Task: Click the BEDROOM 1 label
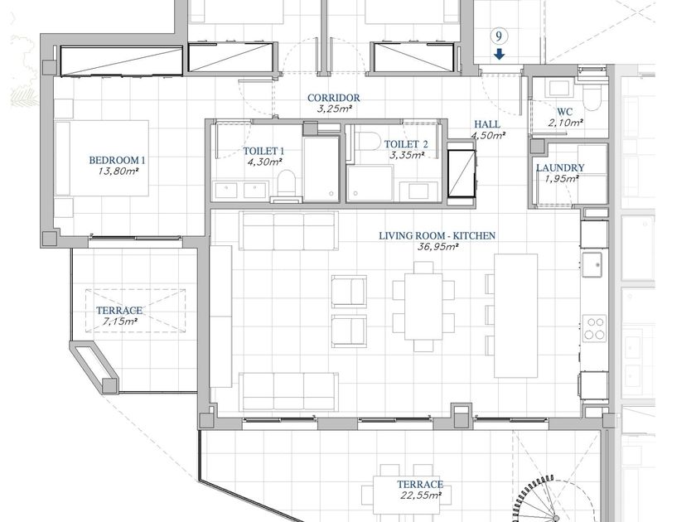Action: click(x=117, y=160)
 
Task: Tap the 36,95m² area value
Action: click(x=437, y=247)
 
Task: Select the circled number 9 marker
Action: click(x=499, y=36)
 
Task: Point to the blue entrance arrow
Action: click(x=500, y=54)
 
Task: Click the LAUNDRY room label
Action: click(x=560, y=167)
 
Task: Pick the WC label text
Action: click(x=565, y=112)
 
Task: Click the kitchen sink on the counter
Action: click(x=592, y=264)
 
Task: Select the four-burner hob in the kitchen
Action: click(x=594, y=328)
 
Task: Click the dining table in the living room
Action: click(x=423, y=307)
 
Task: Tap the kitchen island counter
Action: click(x=515, y=316)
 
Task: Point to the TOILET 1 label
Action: click(x=263, y=152)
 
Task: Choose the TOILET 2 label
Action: click(x=406, y=144)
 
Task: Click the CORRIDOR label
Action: click(x=334, y=98)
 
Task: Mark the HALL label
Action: click(x=487, y=124)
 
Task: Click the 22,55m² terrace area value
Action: click(x=421, y=495)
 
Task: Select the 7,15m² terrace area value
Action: click(x=120, y=321)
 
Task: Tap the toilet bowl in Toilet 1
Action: click(x=287, y=182)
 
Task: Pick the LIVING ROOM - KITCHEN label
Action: click(x=437, y=235)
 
